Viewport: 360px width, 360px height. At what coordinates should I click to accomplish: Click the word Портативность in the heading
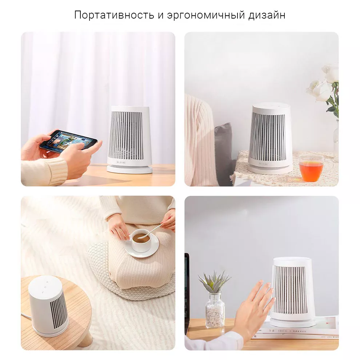[114, 15]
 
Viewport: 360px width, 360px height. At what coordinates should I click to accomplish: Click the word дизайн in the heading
[267, 15]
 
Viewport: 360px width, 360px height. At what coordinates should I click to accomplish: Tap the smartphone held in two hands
[68, 140]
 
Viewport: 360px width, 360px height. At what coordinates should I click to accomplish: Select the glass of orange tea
[311, 168]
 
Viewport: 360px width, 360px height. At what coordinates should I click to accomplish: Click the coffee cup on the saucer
[140, 242]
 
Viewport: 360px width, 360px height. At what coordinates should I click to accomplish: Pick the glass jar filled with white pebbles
[215, 310]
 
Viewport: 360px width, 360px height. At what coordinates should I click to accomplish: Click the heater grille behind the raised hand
[290, 290]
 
